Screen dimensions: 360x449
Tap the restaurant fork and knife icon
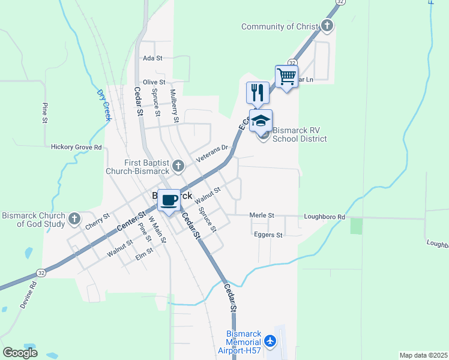tap(258, 92)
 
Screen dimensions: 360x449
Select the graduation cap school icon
tap(261, 121)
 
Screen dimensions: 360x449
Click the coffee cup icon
tap(169, 200)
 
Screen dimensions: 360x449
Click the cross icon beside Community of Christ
tap(327, 26)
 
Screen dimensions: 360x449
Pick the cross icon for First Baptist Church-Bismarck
tap(178, 165)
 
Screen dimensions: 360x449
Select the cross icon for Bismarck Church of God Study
tap(74, 218)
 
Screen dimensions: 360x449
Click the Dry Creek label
tap(104, 106)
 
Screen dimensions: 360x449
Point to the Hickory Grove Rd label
tap(76, 146)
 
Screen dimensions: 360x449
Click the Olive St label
tap(154, 82)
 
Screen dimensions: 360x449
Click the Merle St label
tap(262, 215)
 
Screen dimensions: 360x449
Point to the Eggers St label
tap(268, 235)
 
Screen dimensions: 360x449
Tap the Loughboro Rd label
tap(325, 217)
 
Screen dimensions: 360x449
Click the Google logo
tap(20, 353)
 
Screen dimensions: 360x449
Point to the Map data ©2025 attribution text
tap(423, 355)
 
